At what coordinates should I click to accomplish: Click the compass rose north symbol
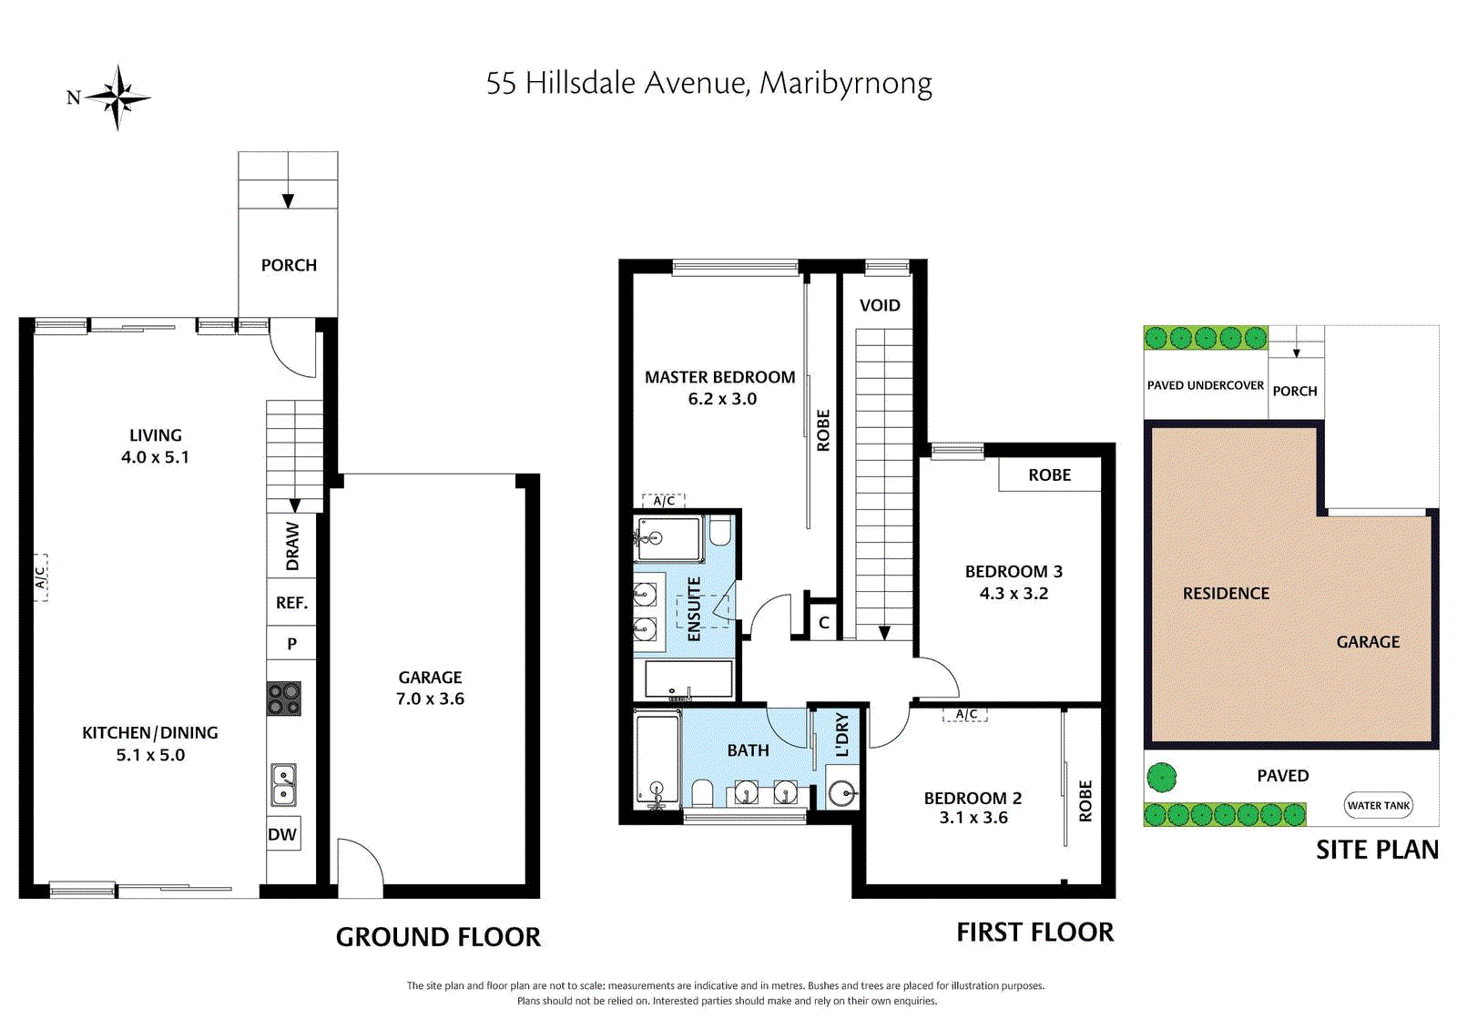(x=117, y=97)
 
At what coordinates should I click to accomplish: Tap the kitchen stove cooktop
(x=284, y=699)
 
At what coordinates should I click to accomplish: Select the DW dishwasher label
(x=282, y=834)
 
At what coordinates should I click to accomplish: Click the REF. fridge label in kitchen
(x=291, y=603)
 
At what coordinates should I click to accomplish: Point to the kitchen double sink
(x=283, y=785)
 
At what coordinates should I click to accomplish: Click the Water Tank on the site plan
(x=1379, y=805)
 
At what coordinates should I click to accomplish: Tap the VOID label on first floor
(x=880, y=305)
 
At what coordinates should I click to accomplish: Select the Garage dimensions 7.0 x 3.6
(x=430, y=699)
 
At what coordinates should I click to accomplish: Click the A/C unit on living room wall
(x=40, y=577)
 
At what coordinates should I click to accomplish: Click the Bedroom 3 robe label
(x=1049, y=475)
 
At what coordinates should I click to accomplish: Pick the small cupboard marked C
(x=823, y=622)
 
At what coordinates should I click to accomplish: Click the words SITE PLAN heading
(x=1377, y=850)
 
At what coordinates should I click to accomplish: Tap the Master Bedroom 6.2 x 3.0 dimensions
(x=722, y=399)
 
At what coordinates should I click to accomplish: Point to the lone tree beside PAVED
(x=1161, y=777)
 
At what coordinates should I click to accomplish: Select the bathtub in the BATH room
(x=657, y=759)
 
